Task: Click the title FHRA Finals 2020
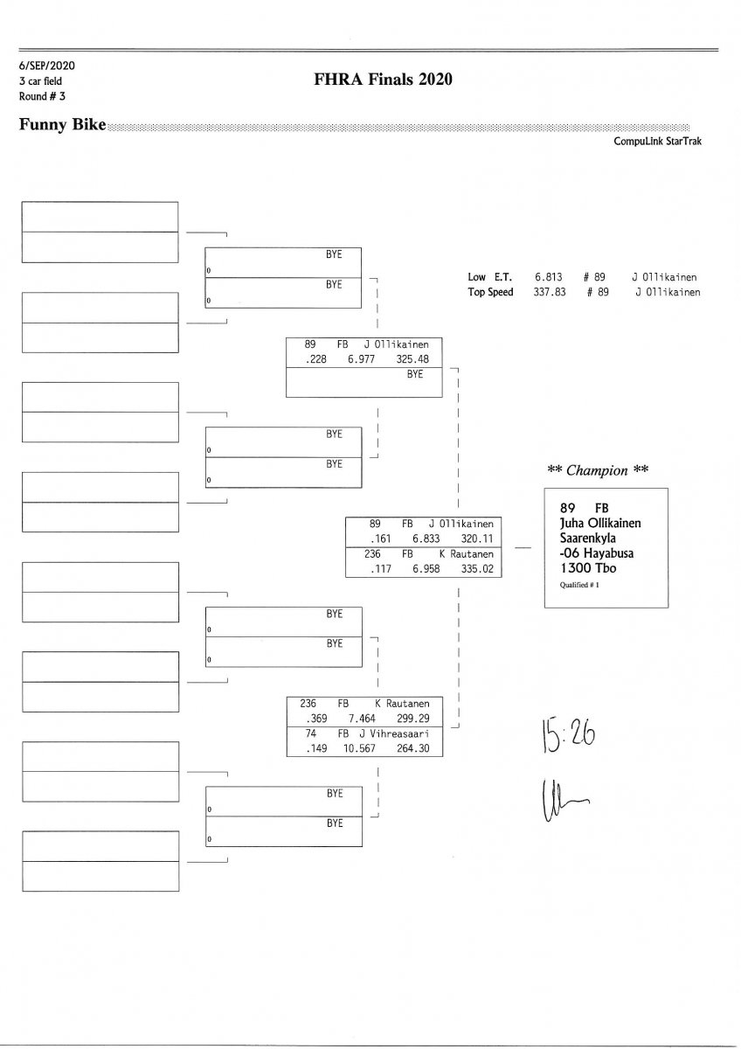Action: [x=383, y=80]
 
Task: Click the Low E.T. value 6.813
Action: [x=547, y=277]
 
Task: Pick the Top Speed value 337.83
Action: [x=550, y=292]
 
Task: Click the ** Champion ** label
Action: [x=598, y=470]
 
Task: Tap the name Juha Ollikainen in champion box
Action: [x=600, y=523]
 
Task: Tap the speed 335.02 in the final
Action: [x=478, y=569]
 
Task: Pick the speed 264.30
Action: [x=412, y=748]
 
